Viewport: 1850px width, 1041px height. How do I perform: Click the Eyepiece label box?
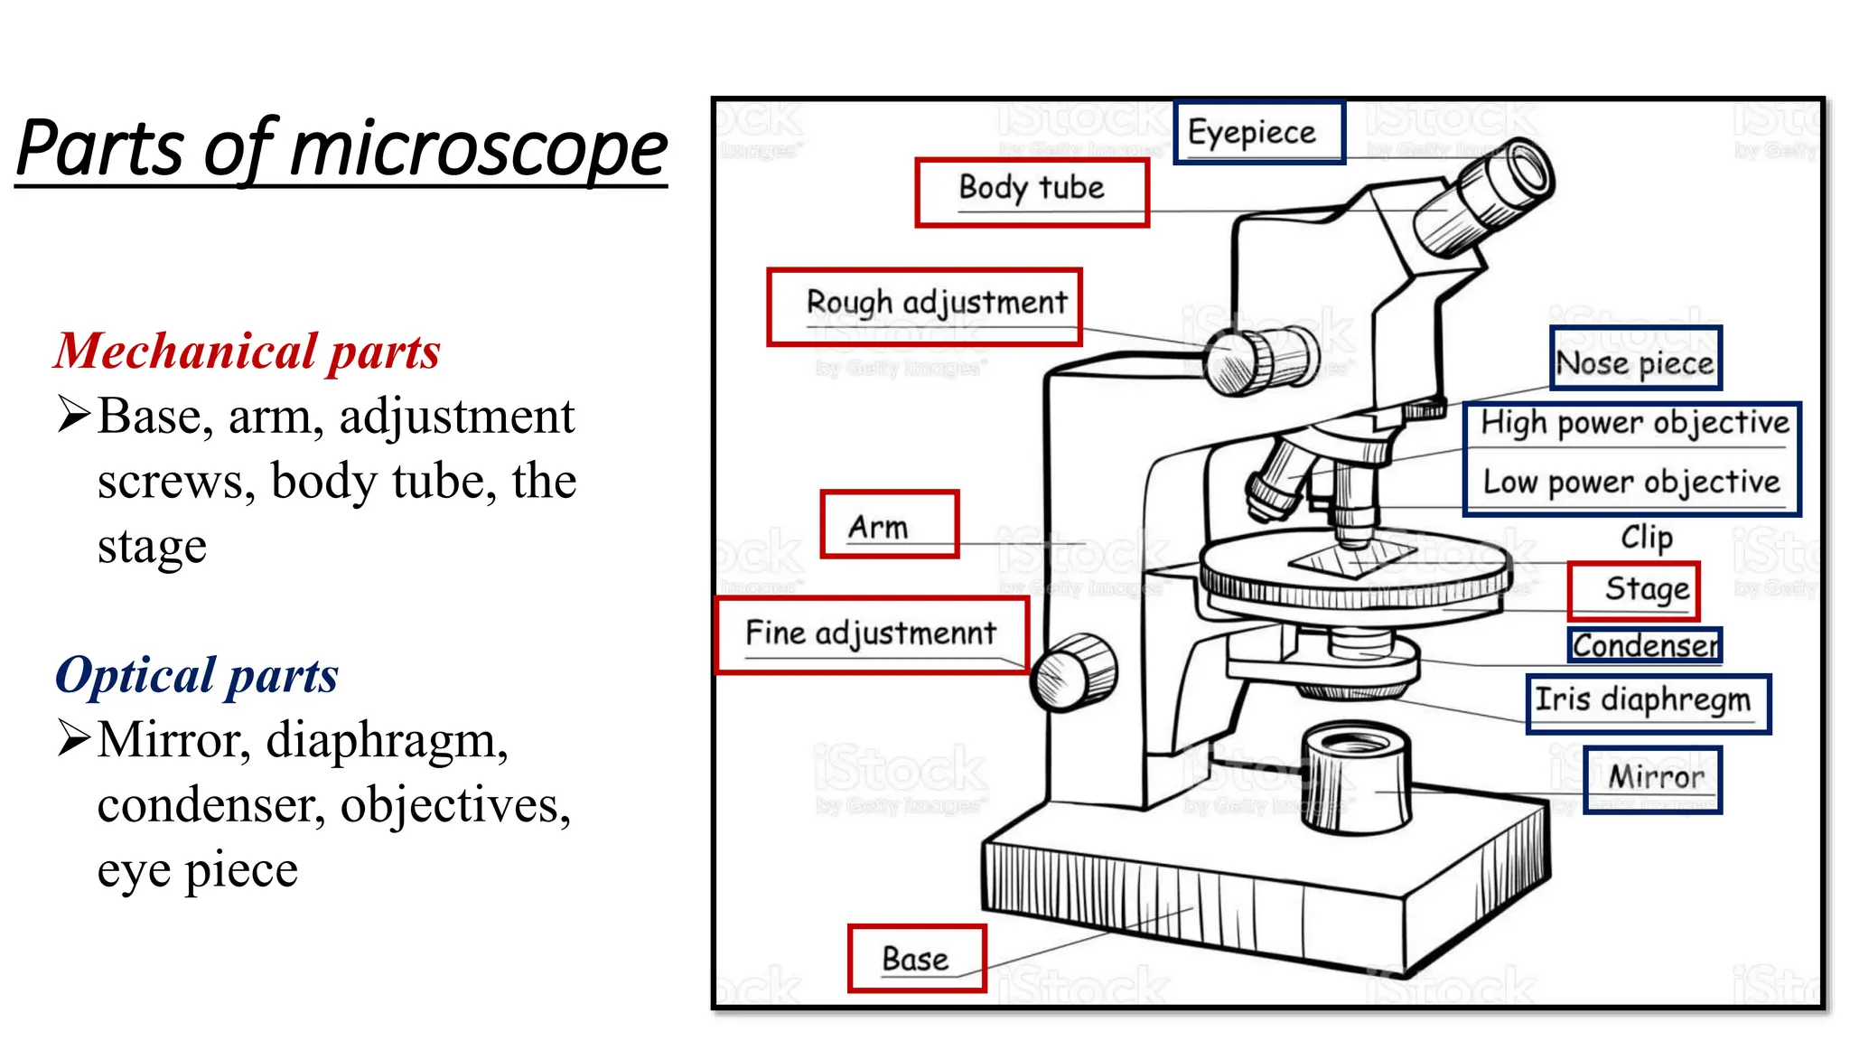coord(1258,132)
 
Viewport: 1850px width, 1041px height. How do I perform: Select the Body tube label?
coord(1032,191)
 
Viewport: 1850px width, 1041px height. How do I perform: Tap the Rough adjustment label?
coord(925,305)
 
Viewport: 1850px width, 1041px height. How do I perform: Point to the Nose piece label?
coord(1635,360)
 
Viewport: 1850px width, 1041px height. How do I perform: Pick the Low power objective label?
coord(1631,483)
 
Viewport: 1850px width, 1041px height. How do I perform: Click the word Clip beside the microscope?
coord(1647,538)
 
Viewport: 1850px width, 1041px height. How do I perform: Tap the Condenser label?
coord(1645,645)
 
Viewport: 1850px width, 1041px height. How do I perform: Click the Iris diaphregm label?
coord(1647,702)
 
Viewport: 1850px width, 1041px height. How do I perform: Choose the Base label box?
coord(916,959)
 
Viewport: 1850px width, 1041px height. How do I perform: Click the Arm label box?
coord(889,525)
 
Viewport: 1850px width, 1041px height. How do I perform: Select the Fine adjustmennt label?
coord(872,634)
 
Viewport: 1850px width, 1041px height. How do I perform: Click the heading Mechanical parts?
coord(247,352)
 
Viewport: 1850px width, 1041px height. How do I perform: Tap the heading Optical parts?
coord(197,676)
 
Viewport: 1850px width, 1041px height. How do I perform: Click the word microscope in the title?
coord(479,149)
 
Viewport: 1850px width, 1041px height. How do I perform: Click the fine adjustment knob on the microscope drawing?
coord(1074,672)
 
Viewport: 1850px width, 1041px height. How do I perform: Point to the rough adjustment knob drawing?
coord(1262,360)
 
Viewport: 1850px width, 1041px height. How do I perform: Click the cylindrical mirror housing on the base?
coord(1355,779)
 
